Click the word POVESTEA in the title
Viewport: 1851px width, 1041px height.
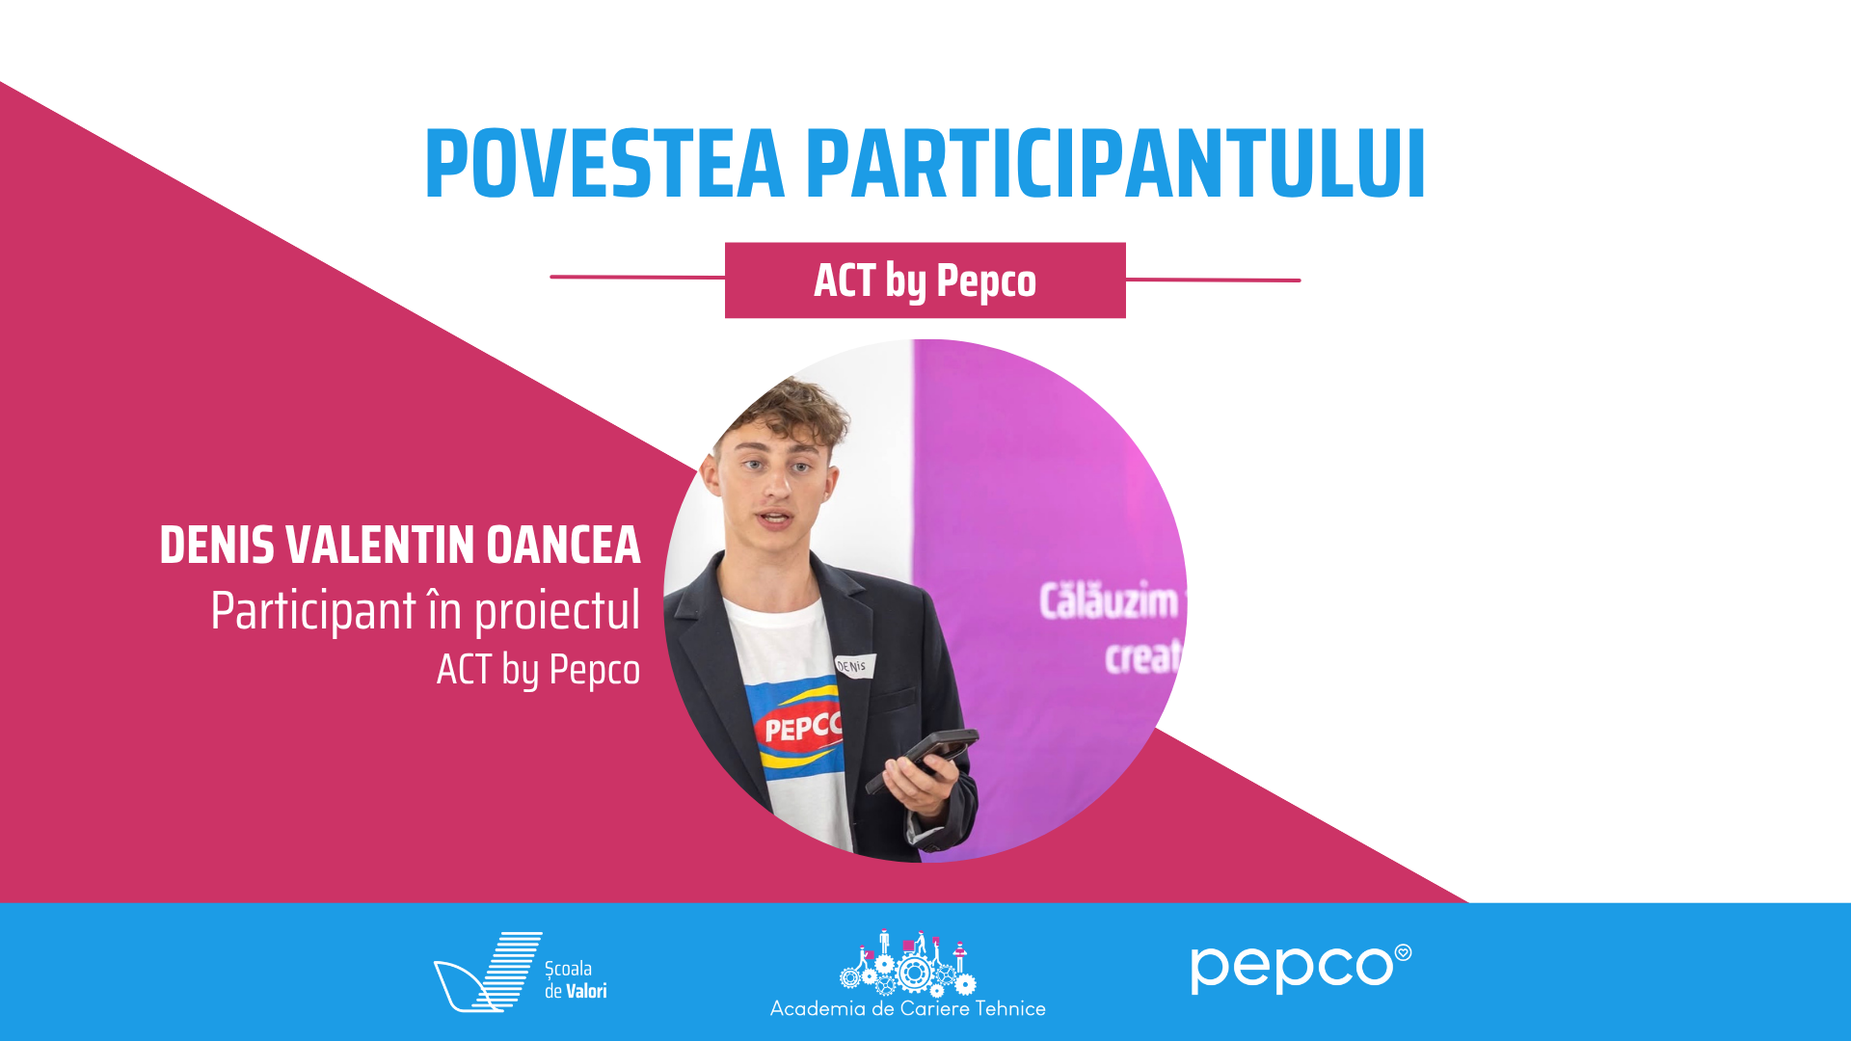click(605, 164)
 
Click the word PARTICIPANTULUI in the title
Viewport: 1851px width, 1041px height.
click(1115, 164)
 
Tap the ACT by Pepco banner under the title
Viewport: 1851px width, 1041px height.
click(925, 280)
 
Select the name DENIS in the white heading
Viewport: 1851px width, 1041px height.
click(217, 545)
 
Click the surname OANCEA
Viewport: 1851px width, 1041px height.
click(563, 545)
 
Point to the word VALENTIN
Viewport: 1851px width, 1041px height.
click(381, 545)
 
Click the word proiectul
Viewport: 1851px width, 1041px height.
click(557, 611)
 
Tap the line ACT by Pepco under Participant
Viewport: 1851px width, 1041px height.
click(538, 670)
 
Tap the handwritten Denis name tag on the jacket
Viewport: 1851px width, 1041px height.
click(854, 665)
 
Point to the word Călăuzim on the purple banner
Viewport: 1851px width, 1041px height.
click(1109, 601)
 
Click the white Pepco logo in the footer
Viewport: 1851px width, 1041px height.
click(1301, 968)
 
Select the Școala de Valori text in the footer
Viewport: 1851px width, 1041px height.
click(576, 979)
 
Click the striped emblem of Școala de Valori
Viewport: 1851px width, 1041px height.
click(488, 972)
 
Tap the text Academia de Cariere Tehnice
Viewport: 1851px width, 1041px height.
click(908, 1008)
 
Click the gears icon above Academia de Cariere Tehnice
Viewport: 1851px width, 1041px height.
click(908, 963)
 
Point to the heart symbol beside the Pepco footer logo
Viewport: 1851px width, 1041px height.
click(1404, 952)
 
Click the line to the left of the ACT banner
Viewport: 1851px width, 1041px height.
click(637, 277)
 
